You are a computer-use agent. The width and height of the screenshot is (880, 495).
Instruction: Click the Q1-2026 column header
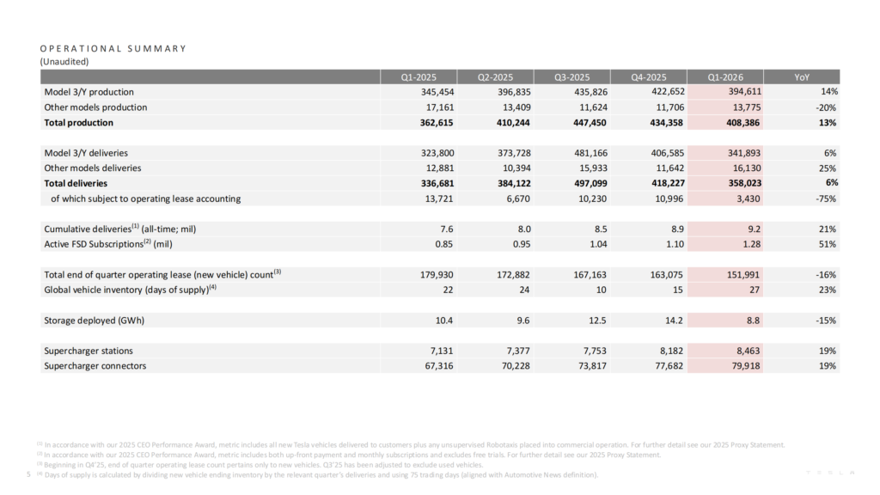720,76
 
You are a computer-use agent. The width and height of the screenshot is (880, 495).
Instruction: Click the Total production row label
78,123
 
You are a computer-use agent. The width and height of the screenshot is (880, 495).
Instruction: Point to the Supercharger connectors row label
95,366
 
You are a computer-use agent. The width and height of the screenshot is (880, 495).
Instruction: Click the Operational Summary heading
113,48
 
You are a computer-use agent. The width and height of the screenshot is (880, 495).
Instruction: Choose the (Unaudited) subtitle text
64,61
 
